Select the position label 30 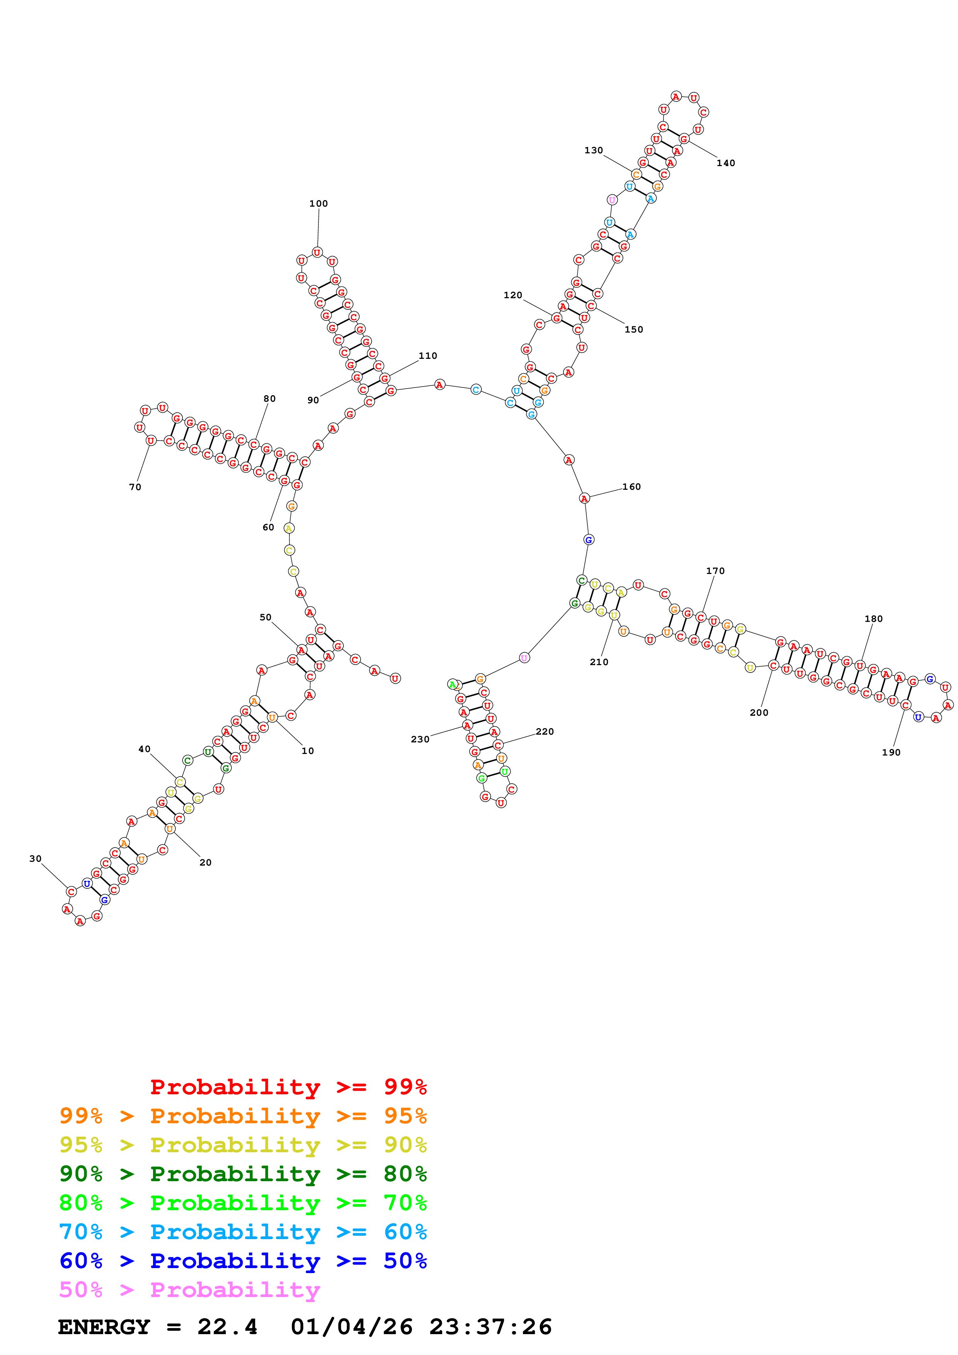point(36,859)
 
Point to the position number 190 point(891,752)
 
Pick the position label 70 point(135,487)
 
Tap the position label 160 point(631,487)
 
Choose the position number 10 point(308,751)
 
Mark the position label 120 point(512,295)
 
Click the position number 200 point(759,712)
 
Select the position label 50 point(265,617)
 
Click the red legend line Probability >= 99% point(288,1087)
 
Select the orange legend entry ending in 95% point(243,1116)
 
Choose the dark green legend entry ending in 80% point(243,1174)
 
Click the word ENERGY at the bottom point(104,1327)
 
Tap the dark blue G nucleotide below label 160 point(589,539)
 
